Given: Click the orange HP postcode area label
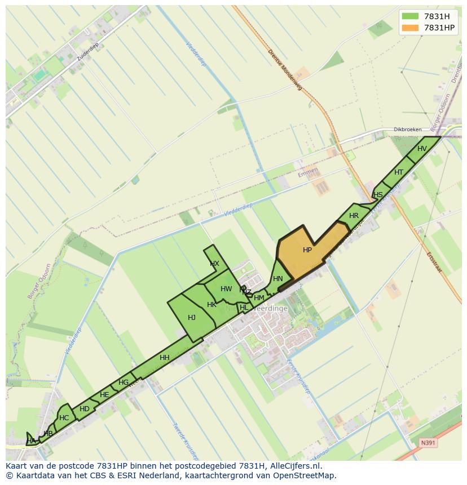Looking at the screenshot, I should click(x=307, y=250).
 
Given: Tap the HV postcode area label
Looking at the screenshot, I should click(x=422, y=149).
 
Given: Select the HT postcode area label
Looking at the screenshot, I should click(x=399, y=172).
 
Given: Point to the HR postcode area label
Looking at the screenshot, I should click(x=354, y=216).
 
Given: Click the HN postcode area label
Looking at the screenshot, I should click(x=278, y=279).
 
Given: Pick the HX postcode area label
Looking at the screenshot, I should click(x=214, y=264).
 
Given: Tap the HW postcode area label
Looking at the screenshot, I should click(x=226, y=289).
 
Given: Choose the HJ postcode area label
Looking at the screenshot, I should click(x=192, y=318).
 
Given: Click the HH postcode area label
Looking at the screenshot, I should click(x=165, y=358).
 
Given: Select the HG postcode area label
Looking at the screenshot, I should click(x=124, y=383).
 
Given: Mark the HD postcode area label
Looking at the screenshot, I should click(x=85, y=409).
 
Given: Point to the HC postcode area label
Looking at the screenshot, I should click(x=64, y=418).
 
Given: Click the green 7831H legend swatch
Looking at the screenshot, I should click(x=410, y=16).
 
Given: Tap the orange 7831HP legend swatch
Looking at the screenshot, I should click(x=410, y=28).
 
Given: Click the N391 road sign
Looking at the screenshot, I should click(x=428, y=443).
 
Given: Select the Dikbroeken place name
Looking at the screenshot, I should click(x=408, y=130).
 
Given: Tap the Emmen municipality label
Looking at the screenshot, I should click(x=309, y=172).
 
